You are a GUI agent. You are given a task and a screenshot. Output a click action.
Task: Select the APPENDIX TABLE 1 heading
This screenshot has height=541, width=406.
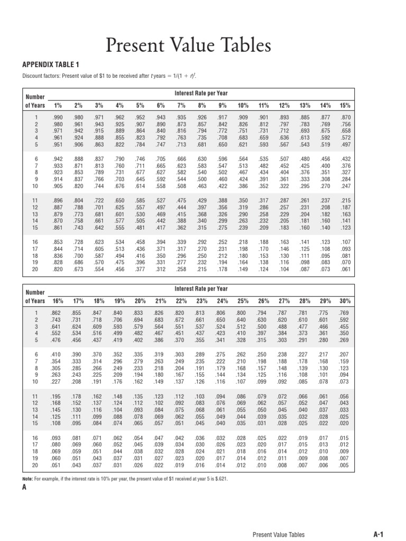[x=50, y=65]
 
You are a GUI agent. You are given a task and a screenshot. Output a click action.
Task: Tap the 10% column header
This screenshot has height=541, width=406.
[x=243, y=105]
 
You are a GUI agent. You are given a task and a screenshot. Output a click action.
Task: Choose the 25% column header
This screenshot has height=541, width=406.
[x=243, y=301]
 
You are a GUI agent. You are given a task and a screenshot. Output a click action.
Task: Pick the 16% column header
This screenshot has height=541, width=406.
[x=58, y=301]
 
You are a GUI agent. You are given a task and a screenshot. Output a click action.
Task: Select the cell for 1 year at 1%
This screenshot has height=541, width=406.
[x=58, y=117]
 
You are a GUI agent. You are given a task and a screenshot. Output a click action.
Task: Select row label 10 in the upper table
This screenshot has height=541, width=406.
[x=36, y=186]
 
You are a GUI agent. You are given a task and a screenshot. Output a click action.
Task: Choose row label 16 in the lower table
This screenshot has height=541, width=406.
[x=36, y=437]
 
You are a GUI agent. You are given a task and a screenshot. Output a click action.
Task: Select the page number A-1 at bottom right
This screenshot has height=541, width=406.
[x=378, y=535]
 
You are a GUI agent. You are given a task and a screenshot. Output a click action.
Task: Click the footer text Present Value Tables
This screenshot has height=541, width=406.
[x=279, y=535]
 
